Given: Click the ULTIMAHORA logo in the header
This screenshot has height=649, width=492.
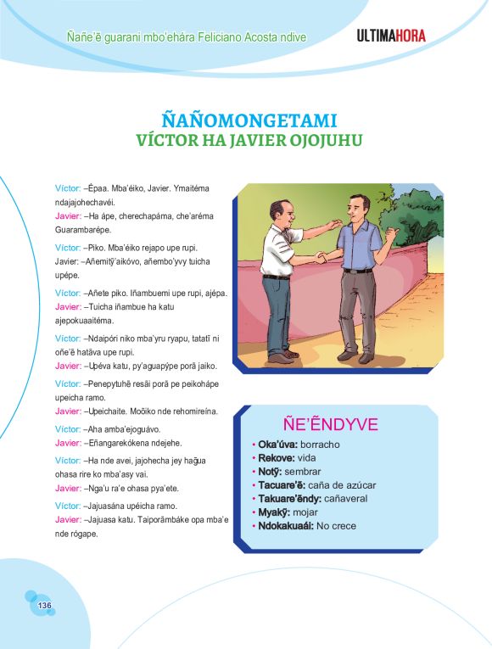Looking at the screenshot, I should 391,36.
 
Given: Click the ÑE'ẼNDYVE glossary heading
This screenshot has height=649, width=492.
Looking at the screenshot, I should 329,424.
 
